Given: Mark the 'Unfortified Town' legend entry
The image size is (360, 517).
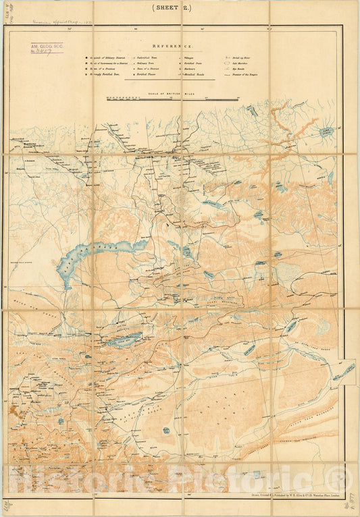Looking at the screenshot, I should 148,59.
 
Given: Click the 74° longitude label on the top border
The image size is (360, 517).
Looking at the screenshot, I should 68,29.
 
